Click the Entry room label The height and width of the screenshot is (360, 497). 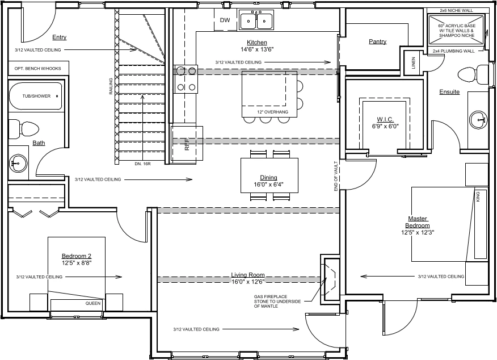click(59, 37)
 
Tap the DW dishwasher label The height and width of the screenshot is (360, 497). click(225, 20)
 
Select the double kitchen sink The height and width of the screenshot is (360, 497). click(256, 20)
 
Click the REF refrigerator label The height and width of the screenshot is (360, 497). click(187, 144)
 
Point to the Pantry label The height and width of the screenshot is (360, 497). click(377, 41)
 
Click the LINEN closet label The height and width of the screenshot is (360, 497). click(413, 63)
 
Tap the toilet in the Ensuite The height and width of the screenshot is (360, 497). click(473, 75)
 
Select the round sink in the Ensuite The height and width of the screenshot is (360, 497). click(478, 120)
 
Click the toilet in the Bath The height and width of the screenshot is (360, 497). click(23, 129)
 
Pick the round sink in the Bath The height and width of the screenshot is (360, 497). click(18, 163)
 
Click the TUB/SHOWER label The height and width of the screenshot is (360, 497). click(36, 96)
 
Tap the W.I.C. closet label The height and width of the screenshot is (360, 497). click(385, 120)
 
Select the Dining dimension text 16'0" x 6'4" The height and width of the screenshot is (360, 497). click(268, 185)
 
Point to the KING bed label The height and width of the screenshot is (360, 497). click(478, 196)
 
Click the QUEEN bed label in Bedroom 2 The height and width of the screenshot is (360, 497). click(93, 303)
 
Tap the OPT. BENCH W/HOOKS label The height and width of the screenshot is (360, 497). click(37, 69)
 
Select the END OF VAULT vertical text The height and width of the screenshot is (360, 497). click(336, 176)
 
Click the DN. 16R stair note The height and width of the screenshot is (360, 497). click(142, 164)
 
